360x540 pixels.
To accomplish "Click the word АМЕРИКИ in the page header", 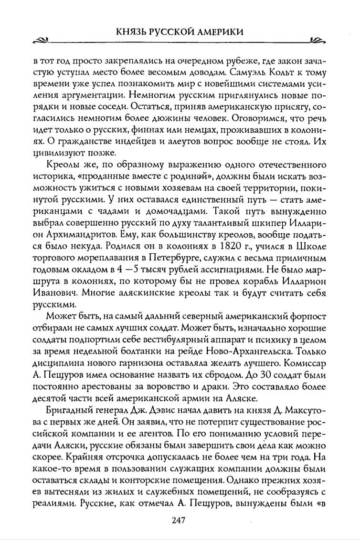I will [217, 32].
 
